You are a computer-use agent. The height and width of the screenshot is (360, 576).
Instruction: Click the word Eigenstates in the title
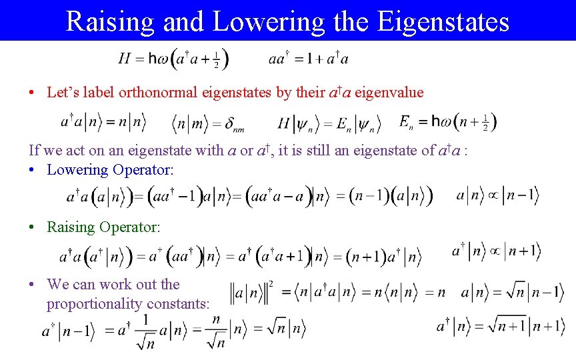tap(443, 21)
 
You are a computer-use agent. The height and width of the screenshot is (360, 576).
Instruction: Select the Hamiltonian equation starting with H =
tap(173, 59)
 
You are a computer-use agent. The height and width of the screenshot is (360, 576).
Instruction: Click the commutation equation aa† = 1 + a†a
tap(308, 59)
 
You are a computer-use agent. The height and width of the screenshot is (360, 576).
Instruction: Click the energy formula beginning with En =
tap(448, 122)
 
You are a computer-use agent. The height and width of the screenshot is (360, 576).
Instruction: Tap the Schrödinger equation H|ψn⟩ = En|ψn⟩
tap(329, 123)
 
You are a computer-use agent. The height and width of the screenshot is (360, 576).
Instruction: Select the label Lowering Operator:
tap(110, 169)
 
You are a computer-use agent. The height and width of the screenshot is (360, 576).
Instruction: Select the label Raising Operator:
tap(103, 227)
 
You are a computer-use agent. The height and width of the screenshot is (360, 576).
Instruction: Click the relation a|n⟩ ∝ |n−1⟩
tap(497, 196)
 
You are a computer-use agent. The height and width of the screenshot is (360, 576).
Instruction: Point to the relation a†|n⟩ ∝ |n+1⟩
tap(496, 251)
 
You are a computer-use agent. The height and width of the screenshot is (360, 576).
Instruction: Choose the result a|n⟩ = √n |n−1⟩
tap(512, 292)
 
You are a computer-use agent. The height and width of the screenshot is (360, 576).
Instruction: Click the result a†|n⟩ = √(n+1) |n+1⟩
tap(500, 327)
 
